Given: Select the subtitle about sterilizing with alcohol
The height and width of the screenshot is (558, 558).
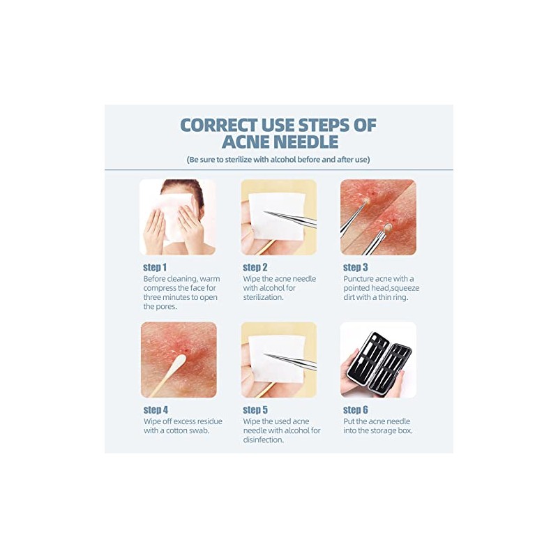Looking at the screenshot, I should coord(278,160).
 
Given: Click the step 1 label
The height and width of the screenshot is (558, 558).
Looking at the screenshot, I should coord(155,267).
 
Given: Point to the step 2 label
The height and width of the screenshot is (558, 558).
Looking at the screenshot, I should coord(255,267).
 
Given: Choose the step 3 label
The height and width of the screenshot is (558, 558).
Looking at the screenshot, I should coord(355,267).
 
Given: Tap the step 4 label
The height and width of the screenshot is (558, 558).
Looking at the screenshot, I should coord(156,409).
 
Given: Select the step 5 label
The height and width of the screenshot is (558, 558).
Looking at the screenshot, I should coord(255,409).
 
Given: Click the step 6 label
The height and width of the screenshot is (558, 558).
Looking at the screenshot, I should coord(355,409).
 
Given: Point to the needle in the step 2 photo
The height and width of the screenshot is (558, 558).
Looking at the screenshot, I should coord(293,219).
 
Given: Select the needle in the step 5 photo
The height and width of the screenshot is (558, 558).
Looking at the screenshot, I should coord(293,361).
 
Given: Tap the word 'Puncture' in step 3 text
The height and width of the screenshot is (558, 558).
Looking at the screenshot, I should coord(361,278).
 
